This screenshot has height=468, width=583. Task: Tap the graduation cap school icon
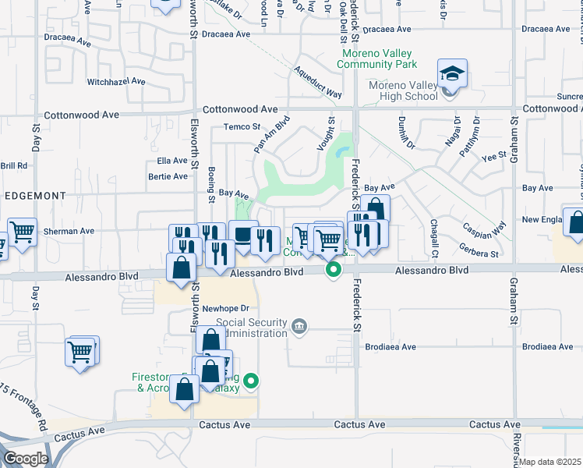coord(452,74)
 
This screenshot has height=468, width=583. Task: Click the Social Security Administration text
coord(252,328)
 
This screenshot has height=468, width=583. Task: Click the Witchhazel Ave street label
coord(116,81)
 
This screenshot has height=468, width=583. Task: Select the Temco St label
coord(242,127)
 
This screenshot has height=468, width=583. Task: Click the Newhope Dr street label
coord(224,308)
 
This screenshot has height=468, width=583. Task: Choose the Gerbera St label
coord(479,253)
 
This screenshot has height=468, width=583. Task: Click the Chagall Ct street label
coord(434,239)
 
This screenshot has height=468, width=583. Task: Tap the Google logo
coord(26,459)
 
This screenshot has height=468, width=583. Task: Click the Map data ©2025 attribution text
coord(549,462)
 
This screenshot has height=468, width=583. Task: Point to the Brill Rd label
coord(14,165)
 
